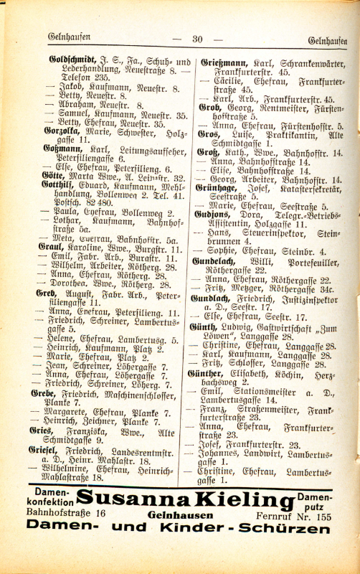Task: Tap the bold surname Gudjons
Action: (x=214, y=214)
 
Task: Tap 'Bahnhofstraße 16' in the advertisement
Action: (x=65, y=514)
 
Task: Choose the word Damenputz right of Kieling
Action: (x=318, y=499)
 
